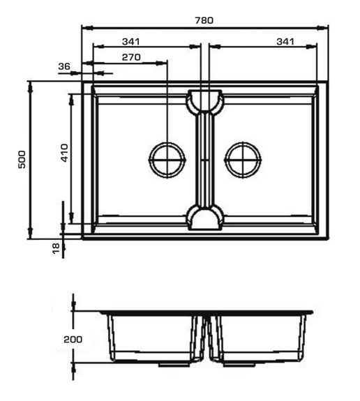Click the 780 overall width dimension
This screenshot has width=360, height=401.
point(204,20)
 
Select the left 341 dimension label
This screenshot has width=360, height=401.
point(130,41)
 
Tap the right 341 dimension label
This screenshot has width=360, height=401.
point(285,41)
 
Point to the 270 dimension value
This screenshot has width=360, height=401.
point(131,57)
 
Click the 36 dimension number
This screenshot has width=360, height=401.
point(64,66)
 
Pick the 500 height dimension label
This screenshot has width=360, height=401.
point(22,159)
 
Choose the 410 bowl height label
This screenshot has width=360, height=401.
point(65,153)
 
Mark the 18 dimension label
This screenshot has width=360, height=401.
point(56,248)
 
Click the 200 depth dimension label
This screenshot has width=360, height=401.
point(73,340)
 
